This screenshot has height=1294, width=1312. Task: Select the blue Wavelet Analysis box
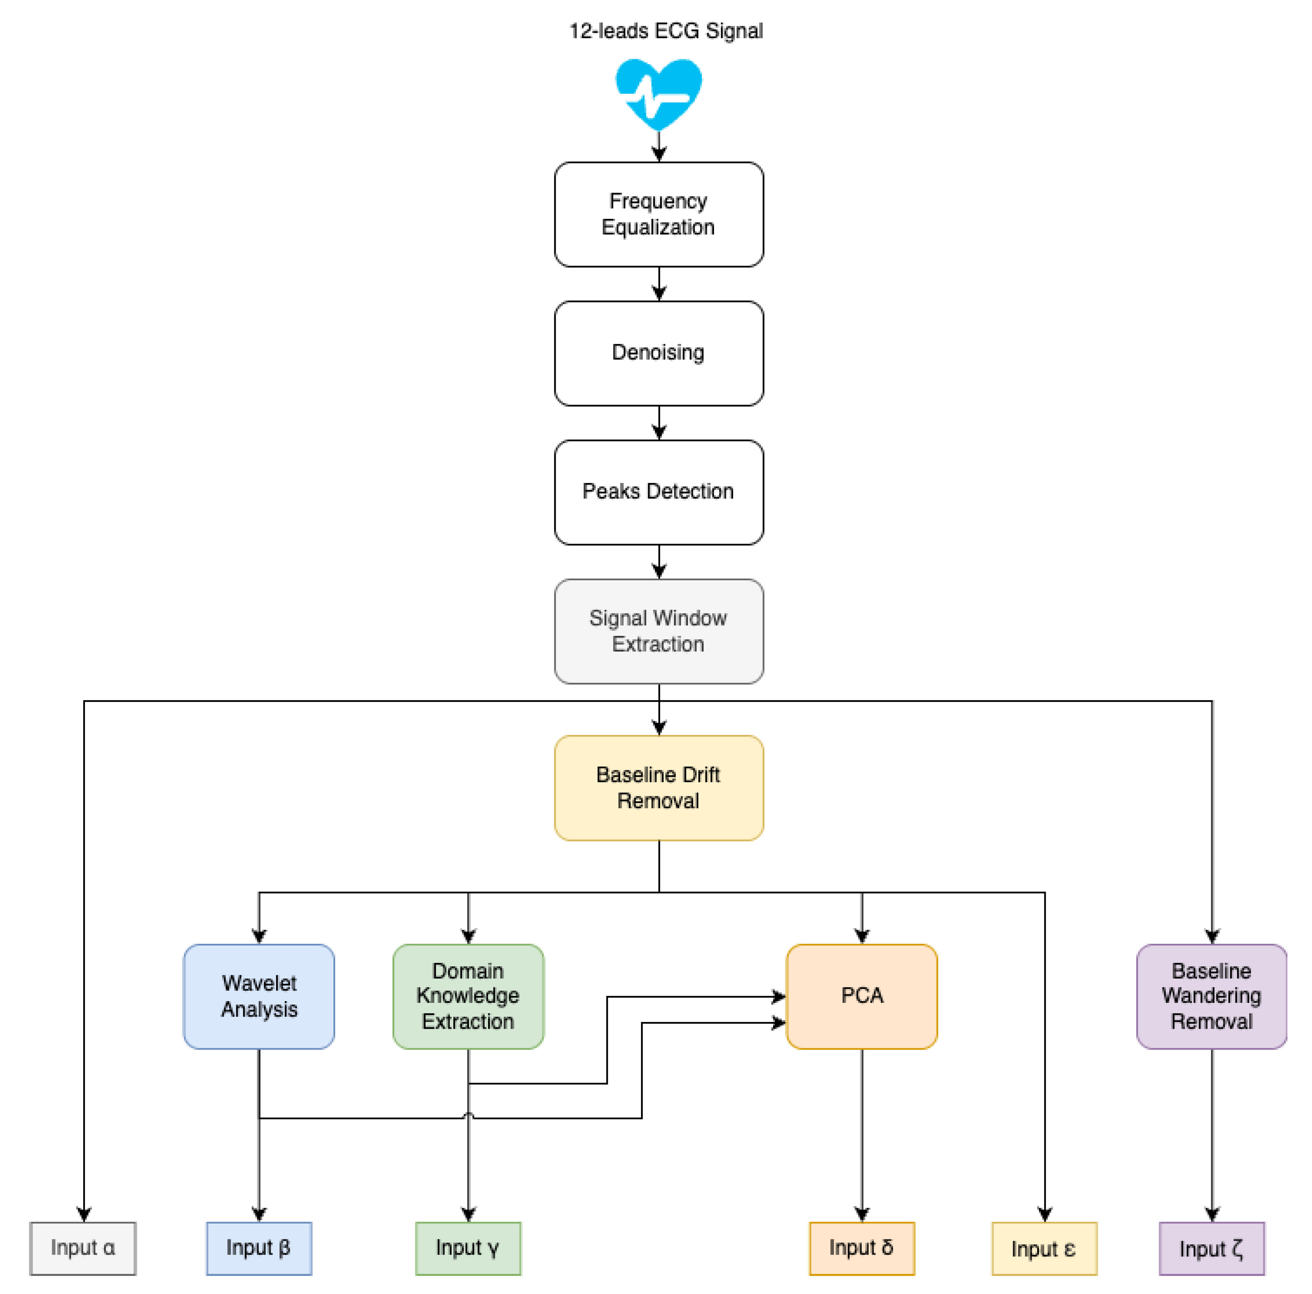coord(259,996)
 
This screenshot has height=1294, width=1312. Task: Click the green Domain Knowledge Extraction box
coord(468,996)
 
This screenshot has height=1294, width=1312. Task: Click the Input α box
coord(83,1248)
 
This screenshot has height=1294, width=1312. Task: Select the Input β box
coord(259,1248)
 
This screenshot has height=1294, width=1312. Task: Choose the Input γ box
coord(468,1248)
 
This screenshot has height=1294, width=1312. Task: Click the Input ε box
coord(1044,1248)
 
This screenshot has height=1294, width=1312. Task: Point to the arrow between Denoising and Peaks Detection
coord(659,423)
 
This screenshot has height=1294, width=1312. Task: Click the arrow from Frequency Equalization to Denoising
coord(659,284)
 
